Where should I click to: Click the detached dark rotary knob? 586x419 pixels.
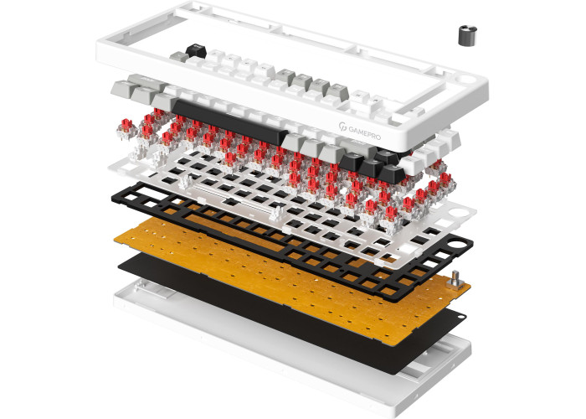click(467, 36)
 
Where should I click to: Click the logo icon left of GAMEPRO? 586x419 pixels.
click(342, 127)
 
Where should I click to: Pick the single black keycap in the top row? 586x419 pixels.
click(196, 50)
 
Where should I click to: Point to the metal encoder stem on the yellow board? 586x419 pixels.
click(455, 279)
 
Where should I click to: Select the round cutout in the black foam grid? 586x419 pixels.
click(457, 245)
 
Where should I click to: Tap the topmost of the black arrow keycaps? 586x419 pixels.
click(388, 156)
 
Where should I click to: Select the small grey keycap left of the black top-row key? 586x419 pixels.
click(179, 57)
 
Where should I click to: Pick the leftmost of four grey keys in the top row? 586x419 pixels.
click(285, 76)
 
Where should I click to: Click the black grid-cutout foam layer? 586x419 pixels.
click(291, 240)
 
